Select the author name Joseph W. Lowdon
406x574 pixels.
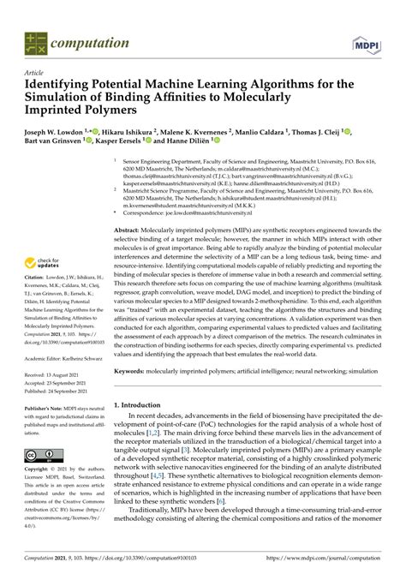click(x=54, y=133)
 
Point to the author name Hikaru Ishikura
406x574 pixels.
click(x=125, y=133)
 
